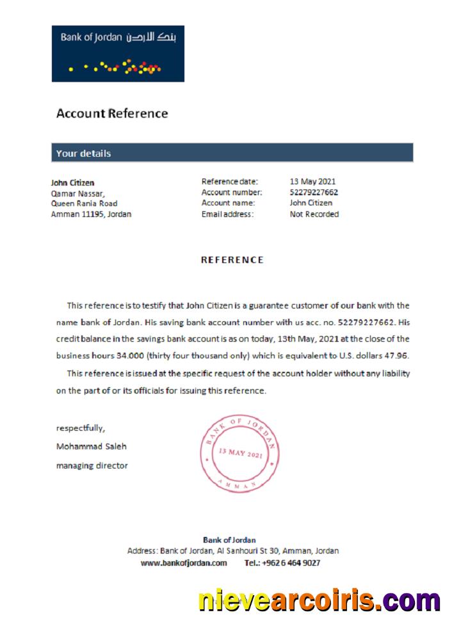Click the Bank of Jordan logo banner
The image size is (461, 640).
click(118, 54)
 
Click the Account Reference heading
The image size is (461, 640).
click(112, 114)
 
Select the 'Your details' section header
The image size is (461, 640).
click(83, 154)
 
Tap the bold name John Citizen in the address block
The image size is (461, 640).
click(72, 182)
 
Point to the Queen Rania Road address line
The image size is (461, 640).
click(84, 204)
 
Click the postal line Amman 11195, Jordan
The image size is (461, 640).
click(91, 214)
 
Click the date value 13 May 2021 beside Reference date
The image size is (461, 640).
click(312, 182)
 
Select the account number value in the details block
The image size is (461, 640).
click(314, 192)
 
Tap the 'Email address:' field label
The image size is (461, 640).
click(227, 214)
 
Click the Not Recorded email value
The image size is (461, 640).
click(314, 214)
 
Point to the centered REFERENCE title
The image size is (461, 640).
click(232, 260)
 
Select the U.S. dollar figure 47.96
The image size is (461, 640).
click(396, 356)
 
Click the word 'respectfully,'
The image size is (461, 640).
click(81, 428)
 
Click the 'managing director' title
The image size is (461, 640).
click(92, 466)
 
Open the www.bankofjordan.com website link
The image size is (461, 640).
click(184, 563)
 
